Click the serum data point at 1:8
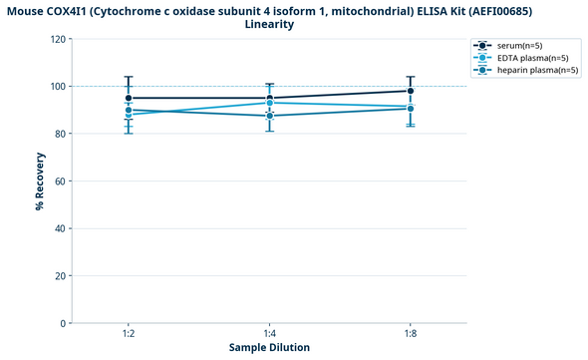411,91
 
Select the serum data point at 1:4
269,98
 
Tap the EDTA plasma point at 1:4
269,103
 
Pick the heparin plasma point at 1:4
269,116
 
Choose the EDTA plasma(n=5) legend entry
525,58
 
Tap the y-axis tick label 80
60,134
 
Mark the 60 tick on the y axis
60,181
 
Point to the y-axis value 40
60,228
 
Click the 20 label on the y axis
60,276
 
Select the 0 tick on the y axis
63,323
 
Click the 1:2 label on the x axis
129,334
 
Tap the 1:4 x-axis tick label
269,334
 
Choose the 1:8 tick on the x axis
411,334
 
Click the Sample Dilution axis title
269,348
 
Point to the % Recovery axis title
39,181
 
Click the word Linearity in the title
269,24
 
